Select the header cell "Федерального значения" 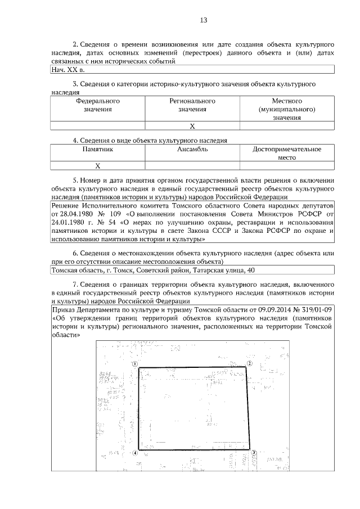tap(98, 105)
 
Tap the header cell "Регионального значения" tap(192, 105)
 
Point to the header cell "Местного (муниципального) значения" tap(287, 109)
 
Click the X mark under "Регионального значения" tap(192, 126)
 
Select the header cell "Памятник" tap(98, 150)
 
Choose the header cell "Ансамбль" tap(192, 150)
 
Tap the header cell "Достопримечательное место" tap(287, 154)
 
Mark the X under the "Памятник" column tap(98, 166)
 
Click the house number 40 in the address tap(251, 271)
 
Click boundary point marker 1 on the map tap(134, 364)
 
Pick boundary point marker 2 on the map tap(248, 364)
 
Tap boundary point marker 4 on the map tap(135, 453)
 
